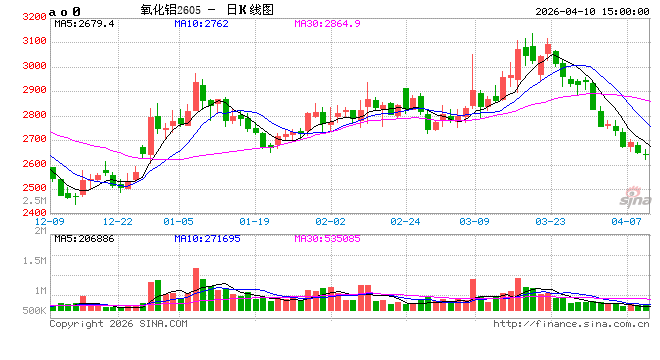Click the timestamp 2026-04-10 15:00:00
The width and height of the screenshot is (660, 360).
591,9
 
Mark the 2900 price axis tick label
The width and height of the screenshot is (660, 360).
33,91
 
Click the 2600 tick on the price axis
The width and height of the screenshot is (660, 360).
33,164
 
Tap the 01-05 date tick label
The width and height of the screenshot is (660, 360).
179,220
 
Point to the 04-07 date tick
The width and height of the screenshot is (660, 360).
625,220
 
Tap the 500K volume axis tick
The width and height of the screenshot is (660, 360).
33,311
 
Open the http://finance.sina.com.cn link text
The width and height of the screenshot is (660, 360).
572,324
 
